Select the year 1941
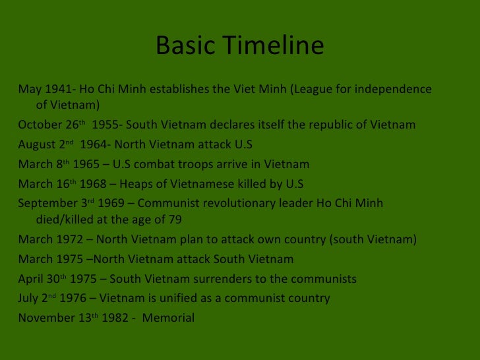tap(56, 89)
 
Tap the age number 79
tap(175, 220)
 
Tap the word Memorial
tap(168, 318)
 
